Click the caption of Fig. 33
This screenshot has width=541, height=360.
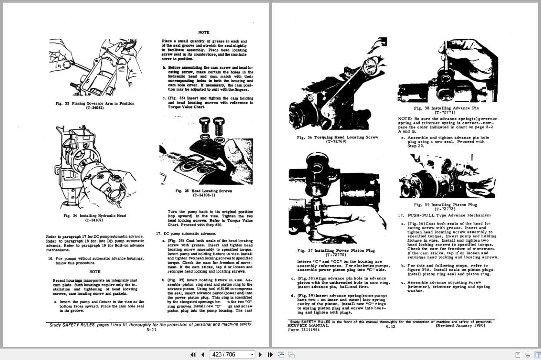(95, 103)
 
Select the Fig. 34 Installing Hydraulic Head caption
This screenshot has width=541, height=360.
(94, 216)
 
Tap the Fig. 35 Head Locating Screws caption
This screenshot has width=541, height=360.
(203, 191)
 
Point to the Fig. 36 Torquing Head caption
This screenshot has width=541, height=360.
(337, 137)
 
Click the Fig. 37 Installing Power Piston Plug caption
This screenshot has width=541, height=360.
(337, 250)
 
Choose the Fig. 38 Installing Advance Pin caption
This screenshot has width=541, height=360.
(446, 108)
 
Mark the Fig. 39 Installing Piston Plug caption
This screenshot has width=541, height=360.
(445, 205)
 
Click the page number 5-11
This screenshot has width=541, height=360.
(151, 330)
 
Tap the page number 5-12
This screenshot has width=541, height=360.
(390, 327)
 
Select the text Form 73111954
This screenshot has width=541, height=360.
(303, 330)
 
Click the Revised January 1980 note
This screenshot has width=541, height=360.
(460, 326)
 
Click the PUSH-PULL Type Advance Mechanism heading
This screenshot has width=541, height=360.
(448, 215)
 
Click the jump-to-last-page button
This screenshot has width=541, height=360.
(269, 354)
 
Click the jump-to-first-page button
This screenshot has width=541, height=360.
(193, 354)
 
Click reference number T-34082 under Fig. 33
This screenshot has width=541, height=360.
(95, 108)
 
